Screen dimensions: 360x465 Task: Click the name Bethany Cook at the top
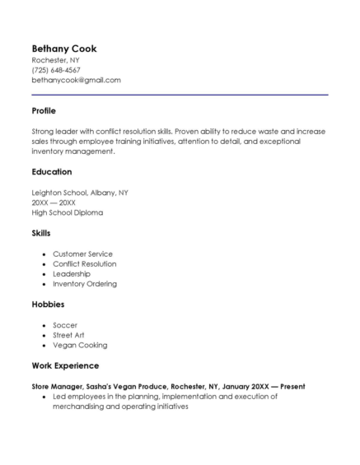[x=64, y=49]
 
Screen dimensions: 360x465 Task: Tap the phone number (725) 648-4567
[x=56, y=70]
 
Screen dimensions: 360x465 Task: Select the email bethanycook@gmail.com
[x=76, y=80]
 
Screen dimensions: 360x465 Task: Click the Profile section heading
[x=44, y=110]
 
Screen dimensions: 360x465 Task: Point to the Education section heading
[x=52, y=172]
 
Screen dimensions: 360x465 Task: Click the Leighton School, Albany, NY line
[x=80, y=193]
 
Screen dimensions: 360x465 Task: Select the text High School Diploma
[x=68, y=212]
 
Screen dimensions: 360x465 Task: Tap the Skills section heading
[x=41, y=233]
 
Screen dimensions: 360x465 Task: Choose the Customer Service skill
[x=82, y=253]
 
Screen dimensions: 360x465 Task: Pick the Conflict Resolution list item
[x=85, y=263]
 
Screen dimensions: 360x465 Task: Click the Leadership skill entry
[x=72, y=273]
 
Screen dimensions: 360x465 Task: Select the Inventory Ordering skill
[x=85, y=283]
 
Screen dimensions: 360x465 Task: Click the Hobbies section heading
[x=48, y=305]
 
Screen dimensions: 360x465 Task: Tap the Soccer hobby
[x=65, y=325]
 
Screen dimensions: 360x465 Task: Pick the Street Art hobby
[x=68, y=335]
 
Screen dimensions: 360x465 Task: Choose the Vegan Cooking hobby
[x=80, y=345]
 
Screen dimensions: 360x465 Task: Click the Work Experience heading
[x=65, y=365]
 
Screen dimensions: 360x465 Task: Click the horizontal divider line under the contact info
[x=180, y=95]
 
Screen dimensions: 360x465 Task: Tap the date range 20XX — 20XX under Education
[x=54, y=202]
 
